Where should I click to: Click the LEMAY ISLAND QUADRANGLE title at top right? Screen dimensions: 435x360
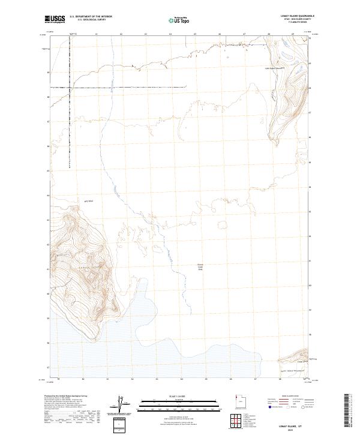pos(298,16)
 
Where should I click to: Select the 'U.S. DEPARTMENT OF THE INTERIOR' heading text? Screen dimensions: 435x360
pos(91,17)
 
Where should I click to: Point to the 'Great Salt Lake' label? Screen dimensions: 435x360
pos(200,267)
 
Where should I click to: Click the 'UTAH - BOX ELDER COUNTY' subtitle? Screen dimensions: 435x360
pos(298,20)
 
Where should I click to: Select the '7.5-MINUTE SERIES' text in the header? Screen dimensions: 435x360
pos(298,23)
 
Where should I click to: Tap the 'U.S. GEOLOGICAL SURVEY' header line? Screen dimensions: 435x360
pos(91,20)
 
